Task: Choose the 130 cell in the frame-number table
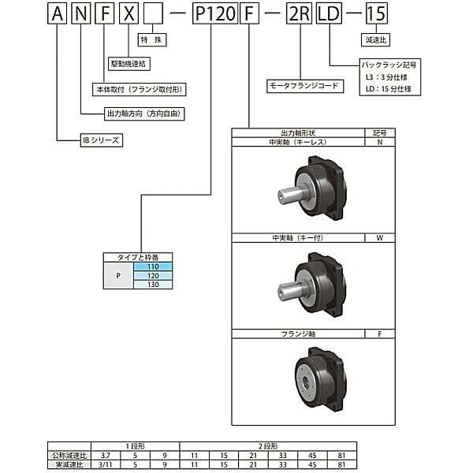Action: (154, 285)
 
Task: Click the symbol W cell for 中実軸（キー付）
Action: (380, 237)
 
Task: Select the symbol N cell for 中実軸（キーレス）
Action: (380, 143)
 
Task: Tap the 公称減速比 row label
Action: (71, 456)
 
